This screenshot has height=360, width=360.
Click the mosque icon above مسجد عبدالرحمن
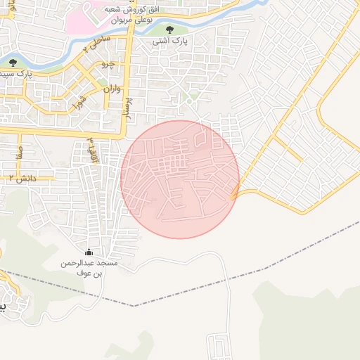click(x=89, y=252)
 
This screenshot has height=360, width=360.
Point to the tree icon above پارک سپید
click(x=13, y=63)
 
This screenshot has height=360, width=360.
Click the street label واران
click(x=112, y=89)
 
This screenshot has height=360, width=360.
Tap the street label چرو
click(x=107, y=64)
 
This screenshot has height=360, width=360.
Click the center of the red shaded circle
click(x=180, y=179)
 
